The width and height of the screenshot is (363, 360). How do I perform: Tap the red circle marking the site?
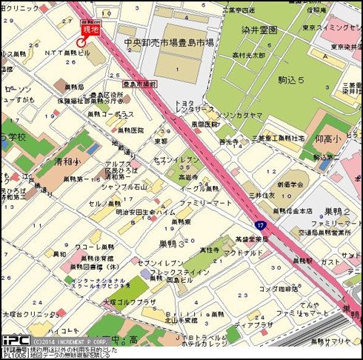(81, 43)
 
